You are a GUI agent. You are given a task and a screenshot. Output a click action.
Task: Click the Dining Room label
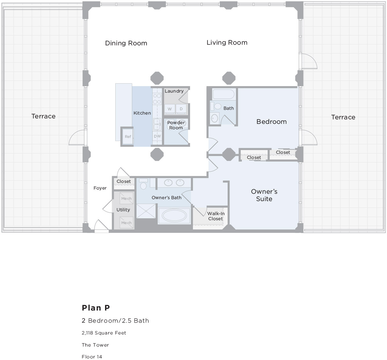(126, 43)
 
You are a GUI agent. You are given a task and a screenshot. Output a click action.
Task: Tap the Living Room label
(227, 42)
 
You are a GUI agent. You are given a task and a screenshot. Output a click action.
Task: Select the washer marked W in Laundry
(170, 109)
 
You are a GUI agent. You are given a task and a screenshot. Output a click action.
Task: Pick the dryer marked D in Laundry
(181, 109)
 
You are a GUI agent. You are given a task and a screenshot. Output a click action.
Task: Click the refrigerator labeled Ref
(128, 137)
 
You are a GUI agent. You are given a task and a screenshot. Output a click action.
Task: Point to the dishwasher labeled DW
(157, 136)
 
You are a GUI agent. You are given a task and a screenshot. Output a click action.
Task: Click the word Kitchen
(142, 113)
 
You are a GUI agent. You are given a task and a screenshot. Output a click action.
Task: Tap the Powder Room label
(176, 125)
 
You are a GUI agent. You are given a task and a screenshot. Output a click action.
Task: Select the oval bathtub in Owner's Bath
(174, 216)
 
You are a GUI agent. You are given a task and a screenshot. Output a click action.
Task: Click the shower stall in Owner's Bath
(146, 211)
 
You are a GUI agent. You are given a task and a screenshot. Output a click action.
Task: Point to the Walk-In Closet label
(216, 216)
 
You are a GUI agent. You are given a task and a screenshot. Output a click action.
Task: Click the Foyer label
(100, 188)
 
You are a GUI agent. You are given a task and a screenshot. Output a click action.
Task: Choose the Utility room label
(123, 210)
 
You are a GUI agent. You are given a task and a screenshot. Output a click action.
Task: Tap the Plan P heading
(96, 308)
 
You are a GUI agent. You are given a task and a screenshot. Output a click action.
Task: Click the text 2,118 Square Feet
(104, 333)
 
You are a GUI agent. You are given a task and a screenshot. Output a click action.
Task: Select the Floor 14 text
(92, 357)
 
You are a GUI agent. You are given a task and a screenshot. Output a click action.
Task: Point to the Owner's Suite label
(264, 195)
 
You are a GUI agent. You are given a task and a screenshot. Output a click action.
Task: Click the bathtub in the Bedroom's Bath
(224, 94)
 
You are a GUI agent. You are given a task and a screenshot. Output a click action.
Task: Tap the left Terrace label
(43, 116)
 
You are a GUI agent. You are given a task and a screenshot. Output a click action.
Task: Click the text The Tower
(95, 345)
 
